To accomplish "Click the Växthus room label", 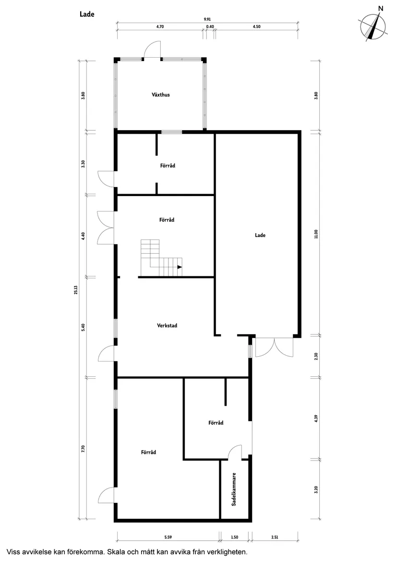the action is [x=160, y=95].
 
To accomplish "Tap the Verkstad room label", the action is [x=167, y=325].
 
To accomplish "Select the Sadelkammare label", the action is [x=234, y=489].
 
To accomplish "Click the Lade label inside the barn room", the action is [x=260, y=235].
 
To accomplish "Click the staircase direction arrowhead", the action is [x=180, y=267].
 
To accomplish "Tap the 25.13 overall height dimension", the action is [x=76, y=290].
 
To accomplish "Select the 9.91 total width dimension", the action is [x=207, y=20].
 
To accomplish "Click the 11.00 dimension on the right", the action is [x=316, y=234].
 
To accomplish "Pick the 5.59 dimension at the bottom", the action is [x=168, y=537].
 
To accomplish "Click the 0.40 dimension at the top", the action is [x=210, y=26].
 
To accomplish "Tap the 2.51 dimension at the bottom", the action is [x=275, y=537].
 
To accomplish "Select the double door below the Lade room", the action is [x=274, y=347].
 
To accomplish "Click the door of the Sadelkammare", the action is [x=235, y=451].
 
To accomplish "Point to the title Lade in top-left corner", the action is [x=87, y=14].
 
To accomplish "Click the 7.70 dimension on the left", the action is [x=83, y=449].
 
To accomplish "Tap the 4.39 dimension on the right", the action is [x=316, y=419].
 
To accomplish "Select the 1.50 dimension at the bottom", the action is [x=234, y=537].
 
